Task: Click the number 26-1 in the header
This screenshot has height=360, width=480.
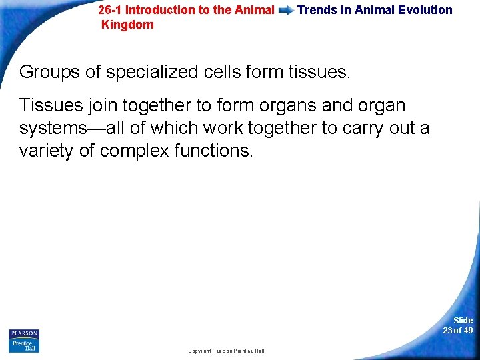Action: coord(110,10)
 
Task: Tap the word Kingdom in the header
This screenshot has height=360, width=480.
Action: coord(127,25)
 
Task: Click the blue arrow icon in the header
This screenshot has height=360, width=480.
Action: coord(286,11)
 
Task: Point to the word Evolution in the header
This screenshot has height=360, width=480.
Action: coord(427,10)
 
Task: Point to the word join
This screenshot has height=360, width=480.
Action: coord(101,106)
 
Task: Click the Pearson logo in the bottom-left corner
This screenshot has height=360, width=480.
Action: coord(24,340)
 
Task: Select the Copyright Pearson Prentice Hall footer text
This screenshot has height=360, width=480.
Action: coord(226,351)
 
